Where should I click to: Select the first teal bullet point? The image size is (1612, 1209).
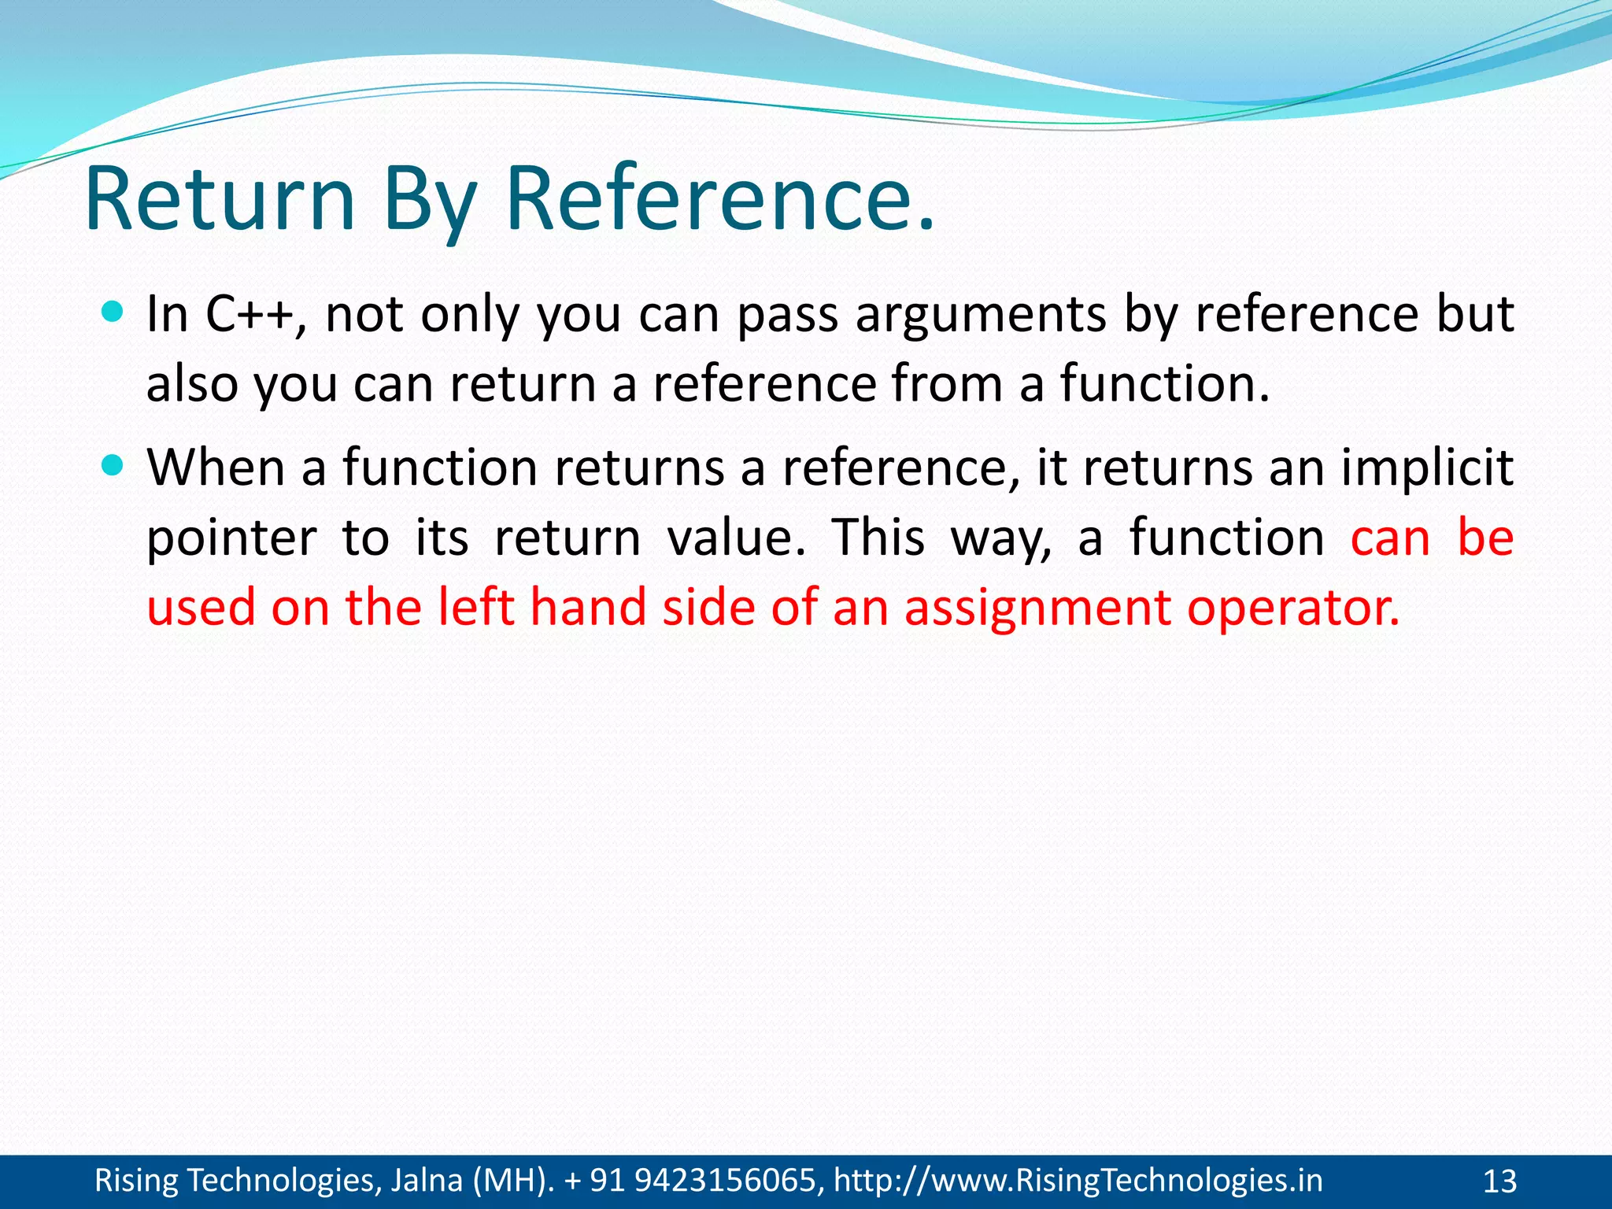point(113,312)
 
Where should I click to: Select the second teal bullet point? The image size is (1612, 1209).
point(113,466)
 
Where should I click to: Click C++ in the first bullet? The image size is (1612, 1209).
point(250,315)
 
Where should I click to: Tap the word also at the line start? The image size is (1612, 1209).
point(192,384)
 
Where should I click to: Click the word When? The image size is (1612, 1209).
point(215,468)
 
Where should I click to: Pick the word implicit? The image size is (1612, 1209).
point(1427,469)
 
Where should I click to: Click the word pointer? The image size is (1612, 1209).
point(231,540)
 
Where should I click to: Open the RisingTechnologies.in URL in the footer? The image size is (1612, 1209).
point(1078,1181)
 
